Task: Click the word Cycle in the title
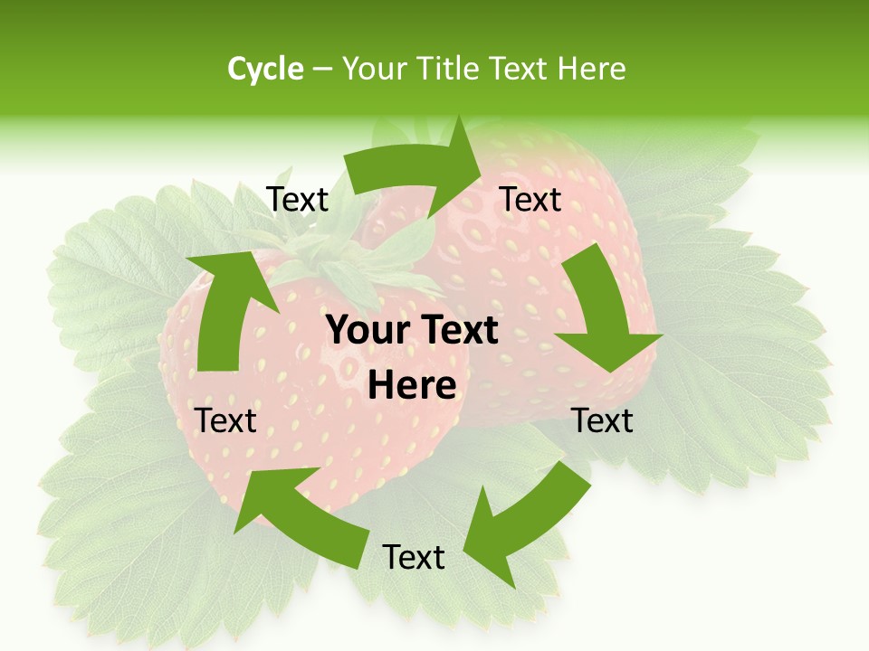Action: (x=265, y=69)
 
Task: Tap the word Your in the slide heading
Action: (x=373, y=69)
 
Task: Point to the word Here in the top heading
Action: (x=590, y=69)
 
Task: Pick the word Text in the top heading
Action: (x=520, y=69)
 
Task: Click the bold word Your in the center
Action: (x=364, y=331)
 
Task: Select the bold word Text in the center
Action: (x=455, y=331)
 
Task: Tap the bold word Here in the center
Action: (x=412, y=386)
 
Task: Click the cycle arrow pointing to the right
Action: (x=416, y=167)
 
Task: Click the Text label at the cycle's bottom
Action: (x=414, y=558)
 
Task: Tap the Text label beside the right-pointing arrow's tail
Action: (x=298, y=200)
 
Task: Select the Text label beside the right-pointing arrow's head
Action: (x=530, y=200)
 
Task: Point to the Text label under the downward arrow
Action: (x=603, y=420)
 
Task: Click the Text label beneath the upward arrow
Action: (x=226, y=420)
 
